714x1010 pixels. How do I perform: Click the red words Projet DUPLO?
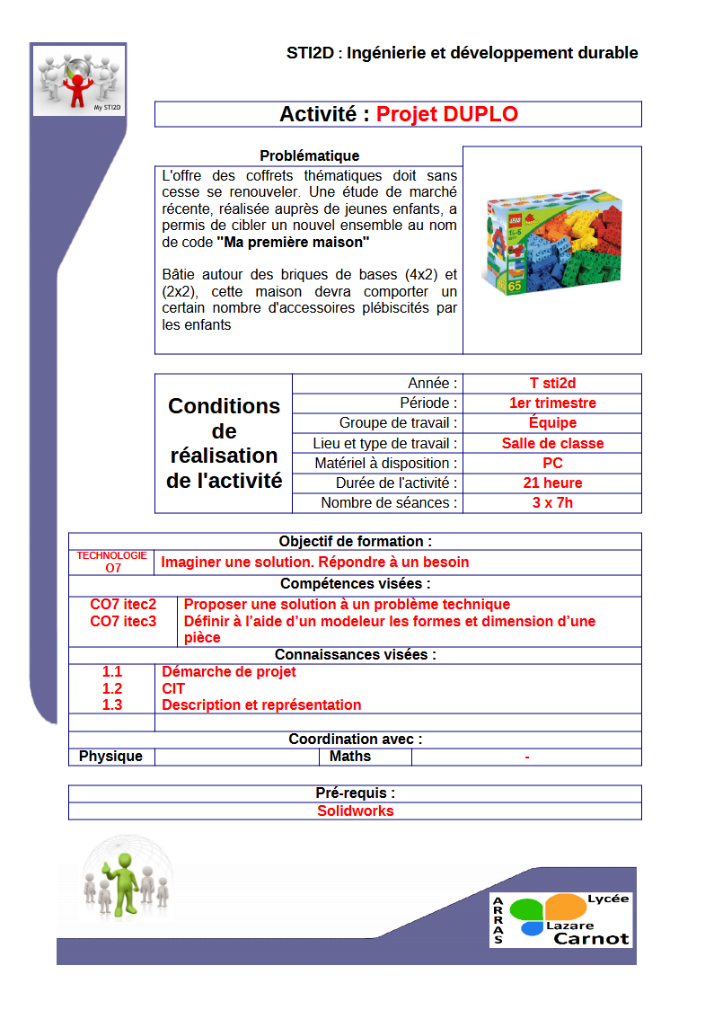(x=446, y=114)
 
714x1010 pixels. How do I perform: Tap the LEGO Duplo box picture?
(x=551, y=244)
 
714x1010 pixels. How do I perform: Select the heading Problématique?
(x=309, y=155)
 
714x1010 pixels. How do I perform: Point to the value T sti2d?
(x=552, y=384)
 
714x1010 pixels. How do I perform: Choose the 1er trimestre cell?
(x=552, y=403)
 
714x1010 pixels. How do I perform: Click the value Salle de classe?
(x=552, y=443)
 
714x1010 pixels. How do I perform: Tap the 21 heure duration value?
(x=552, y=483)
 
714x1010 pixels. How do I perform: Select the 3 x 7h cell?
(x=552, y=502)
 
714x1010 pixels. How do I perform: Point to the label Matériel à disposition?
(x=386, y=463)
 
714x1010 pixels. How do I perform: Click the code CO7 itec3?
(x=123, y=621)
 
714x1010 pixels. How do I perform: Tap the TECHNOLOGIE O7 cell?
(x=112, y=562)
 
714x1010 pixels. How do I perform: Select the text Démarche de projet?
(x=228, y=671)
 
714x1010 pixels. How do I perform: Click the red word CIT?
(x=173, y=688)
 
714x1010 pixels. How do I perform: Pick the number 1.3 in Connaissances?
(x=112, y=704)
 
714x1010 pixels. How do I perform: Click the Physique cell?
(x=111, y=756)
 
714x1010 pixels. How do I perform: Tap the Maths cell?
(x=350, y=756)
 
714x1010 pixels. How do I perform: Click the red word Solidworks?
(x=355, y=811)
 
